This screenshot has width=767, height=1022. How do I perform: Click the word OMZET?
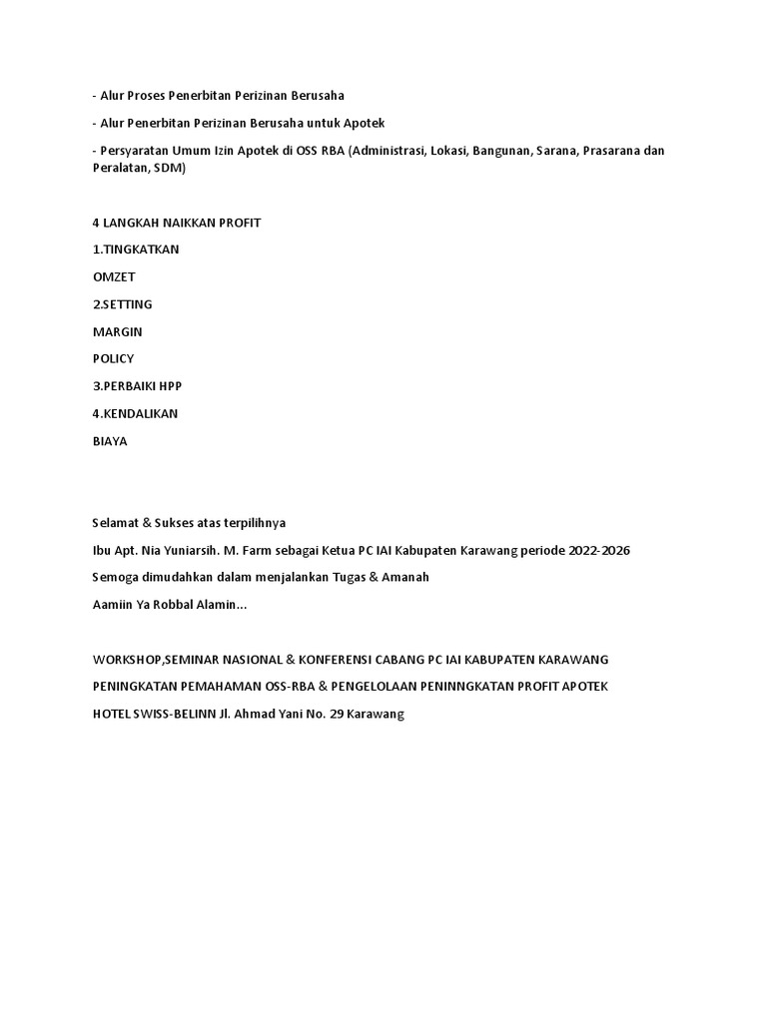(x=113, y=276)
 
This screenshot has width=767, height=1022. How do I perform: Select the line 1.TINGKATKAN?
(x=136, y=250)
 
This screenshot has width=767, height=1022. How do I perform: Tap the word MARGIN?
(x=117, y=331)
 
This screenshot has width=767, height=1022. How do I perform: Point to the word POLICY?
(x=113, y=358)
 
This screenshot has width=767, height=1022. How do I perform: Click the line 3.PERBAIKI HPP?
(x=137, y=385)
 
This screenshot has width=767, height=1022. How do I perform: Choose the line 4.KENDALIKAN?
(x=135, y=413)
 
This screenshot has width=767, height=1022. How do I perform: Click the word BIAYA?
(x=110, y=440)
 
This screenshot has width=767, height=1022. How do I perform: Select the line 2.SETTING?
(x=122, y=304)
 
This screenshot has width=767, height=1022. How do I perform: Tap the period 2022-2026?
(x=597, y=551)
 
